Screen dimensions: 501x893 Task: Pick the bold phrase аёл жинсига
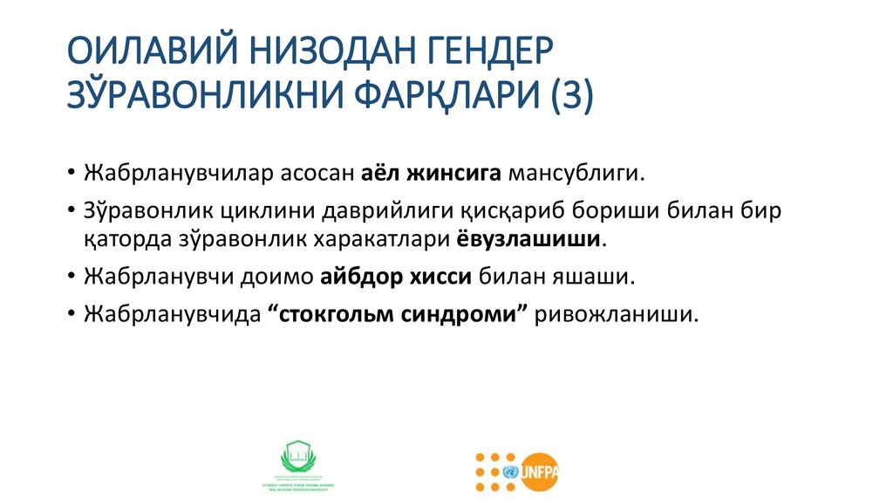[431, 173]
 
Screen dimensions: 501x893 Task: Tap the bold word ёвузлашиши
[527, 237]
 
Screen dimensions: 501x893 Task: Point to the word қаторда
[119, 237]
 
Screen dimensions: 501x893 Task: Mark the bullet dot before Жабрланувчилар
[70, 174]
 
